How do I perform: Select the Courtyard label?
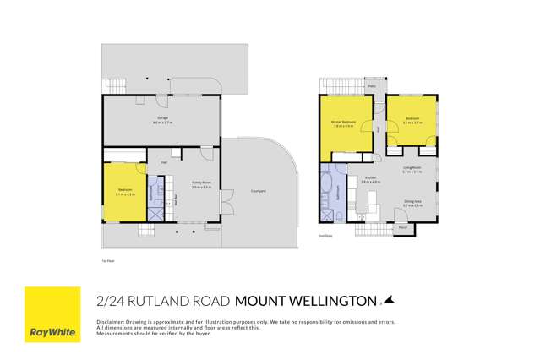pyautogui.click(x=259, y=192)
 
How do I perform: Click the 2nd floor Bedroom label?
pyautogui.click(x=412, y=119)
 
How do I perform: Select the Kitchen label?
pyautogui.click(x=371, y=179)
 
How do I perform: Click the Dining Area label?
pyautogui.click(x=412, y=203)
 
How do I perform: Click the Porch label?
pyautogui.click(x=403, y=227)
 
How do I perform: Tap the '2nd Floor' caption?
pyautogui.click(x=325, y=236)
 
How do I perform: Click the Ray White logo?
pyautogui.click(x=52, y=314)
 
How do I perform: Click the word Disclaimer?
pyautogui.click(x=110, y=322)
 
